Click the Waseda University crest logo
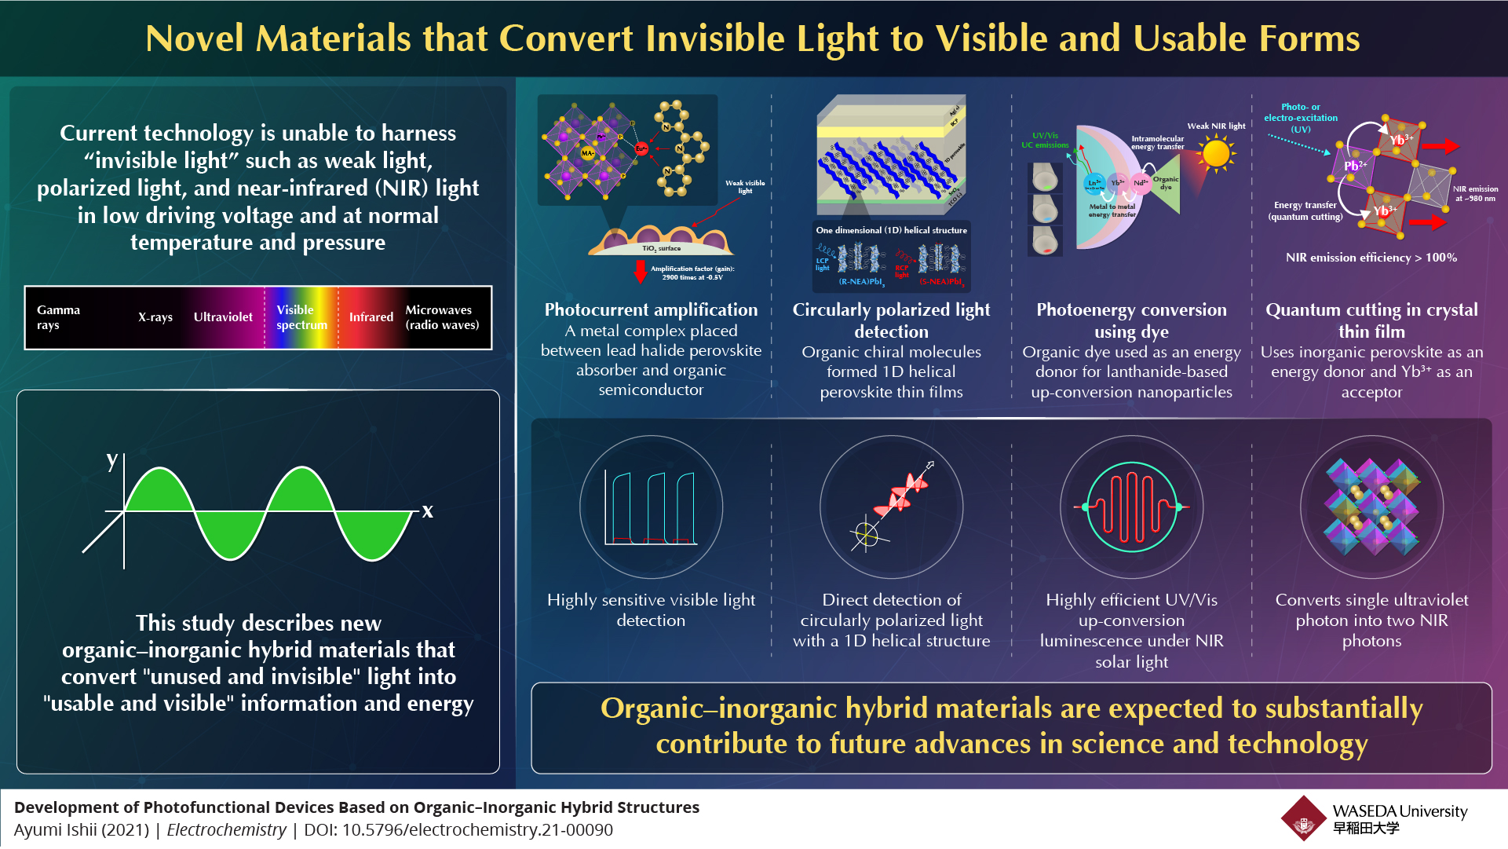[x=1304, y=819]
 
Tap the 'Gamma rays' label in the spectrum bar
[x=57, y=317]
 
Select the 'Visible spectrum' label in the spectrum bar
[x=301, y=317]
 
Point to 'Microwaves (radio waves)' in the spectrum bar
[x=441, y=317]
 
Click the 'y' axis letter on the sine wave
[x=112, y=460]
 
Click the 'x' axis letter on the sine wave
[x=427, y=511]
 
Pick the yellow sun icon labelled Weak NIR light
[x=1216, y=153]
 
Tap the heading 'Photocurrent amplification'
[x=651, y=309]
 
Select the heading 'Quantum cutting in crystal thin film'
[x=1371, y=320]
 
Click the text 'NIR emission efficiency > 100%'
[x=1371, y=258]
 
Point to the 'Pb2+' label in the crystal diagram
[x=1355, y=166]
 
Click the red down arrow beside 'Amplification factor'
[x=640, y=272]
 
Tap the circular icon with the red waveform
[x=1131, y=507]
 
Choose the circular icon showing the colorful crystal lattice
[x=1371, y=507]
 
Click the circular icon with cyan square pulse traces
[x=651, y=507]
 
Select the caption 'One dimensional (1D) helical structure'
[x=891, y=230]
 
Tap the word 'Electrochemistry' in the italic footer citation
[x=227, y=830]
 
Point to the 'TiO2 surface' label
[x=661, y=248]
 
